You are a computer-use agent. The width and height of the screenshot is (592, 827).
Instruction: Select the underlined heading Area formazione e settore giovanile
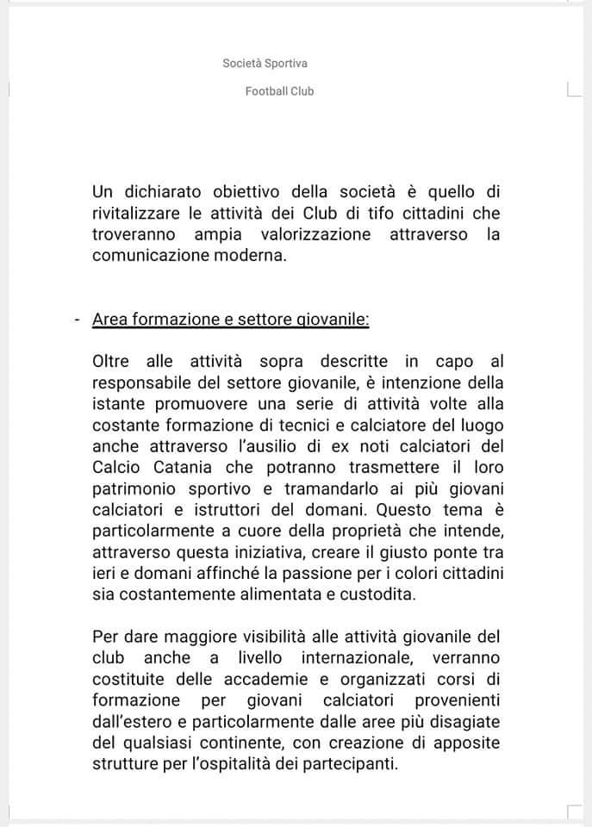click(x=231, y=320)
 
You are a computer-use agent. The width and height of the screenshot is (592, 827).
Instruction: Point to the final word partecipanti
click(x=354, y=763)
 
